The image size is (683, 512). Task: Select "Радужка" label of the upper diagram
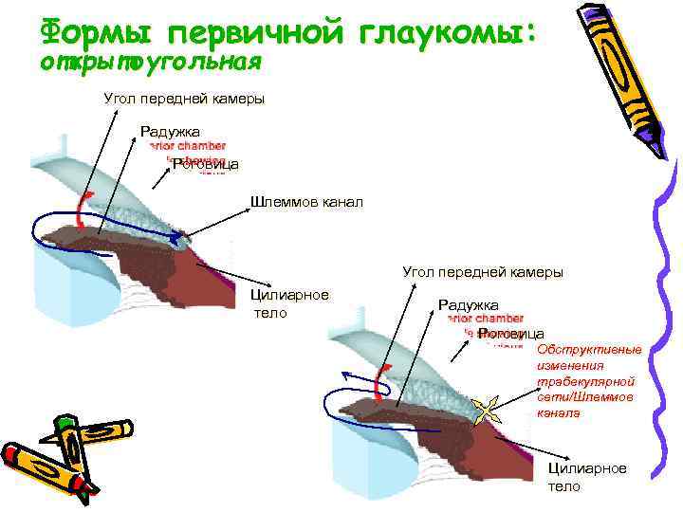click(170, 132)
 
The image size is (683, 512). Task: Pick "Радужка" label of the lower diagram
click(468, 305)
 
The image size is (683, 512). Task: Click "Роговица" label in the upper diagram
click(205, 165)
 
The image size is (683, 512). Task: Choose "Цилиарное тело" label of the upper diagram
click(288, 302)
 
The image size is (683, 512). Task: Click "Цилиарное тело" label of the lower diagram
click(587, 477)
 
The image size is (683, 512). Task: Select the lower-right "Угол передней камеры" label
click(483, 272)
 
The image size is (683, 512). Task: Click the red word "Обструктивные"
click(589, 350)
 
